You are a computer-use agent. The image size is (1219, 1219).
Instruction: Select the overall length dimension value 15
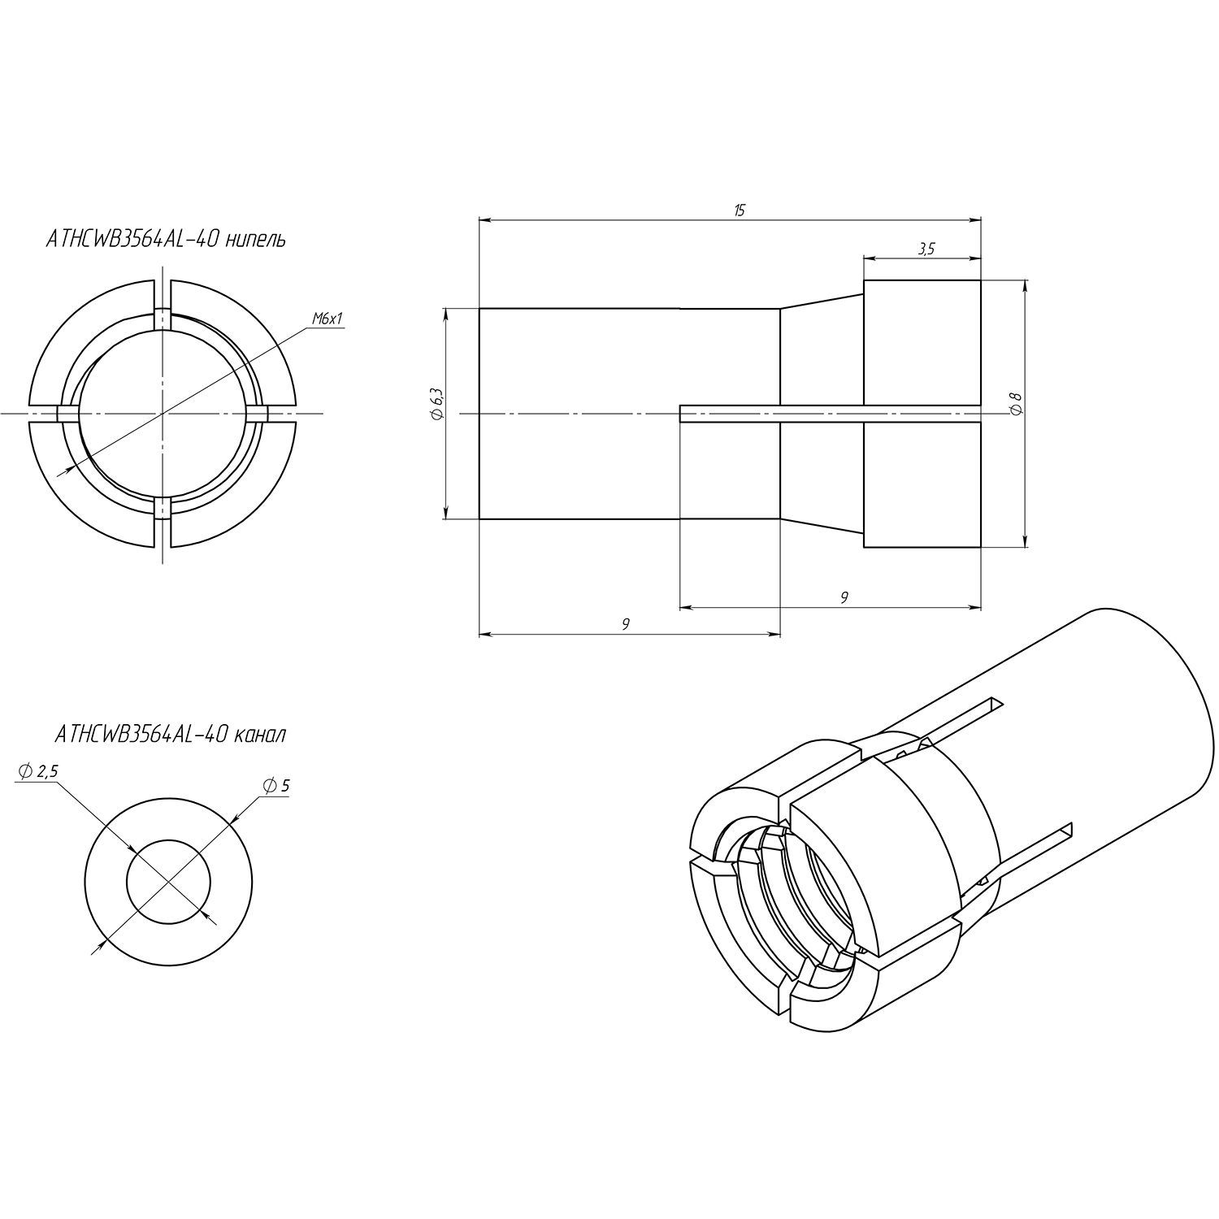pos(739,210)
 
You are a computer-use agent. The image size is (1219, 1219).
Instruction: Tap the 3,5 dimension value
pos(926,249)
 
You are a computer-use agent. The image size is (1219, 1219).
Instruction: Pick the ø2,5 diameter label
pos(37,771)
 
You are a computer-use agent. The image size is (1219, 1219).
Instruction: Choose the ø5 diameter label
pos(277,786)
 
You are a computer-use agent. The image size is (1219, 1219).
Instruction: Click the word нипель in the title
pos(254,241)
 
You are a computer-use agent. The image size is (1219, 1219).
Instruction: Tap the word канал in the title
pos(259,735)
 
